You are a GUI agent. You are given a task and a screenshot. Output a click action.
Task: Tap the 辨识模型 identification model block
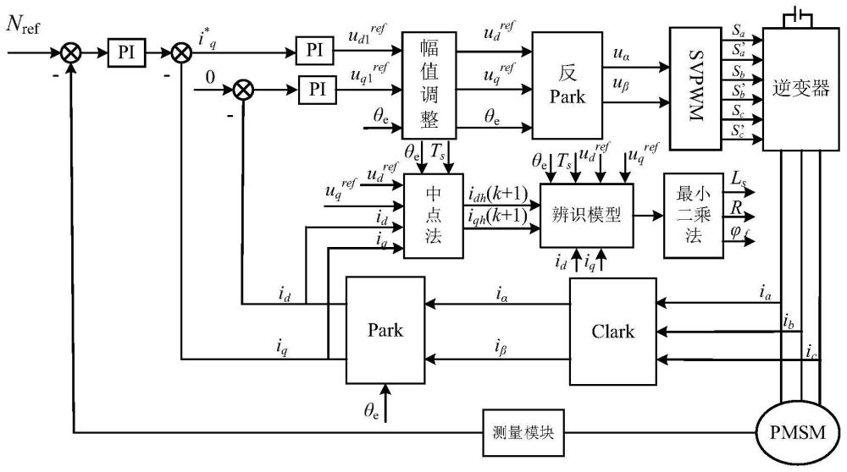click(587, 215)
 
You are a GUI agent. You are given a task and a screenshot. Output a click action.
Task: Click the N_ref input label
click(25, 26)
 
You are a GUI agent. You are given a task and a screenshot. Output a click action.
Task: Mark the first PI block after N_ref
click(126, 52)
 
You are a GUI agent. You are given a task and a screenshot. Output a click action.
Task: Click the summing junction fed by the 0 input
click(243, 87)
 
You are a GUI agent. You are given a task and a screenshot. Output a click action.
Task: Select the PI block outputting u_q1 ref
click(315, 88)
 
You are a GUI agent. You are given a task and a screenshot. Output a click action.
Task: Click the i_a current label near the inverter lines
click(767, 293)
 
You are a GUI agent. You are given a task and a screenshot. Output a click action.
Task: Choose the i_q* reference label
click(206, 37)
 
